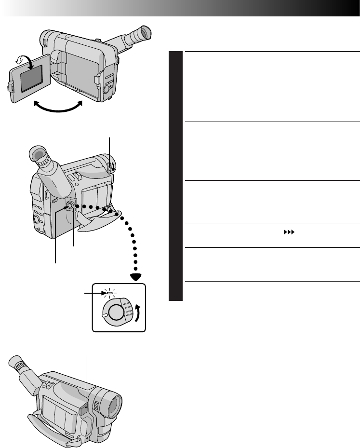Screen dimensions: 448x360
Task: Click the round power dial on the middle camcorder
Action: coord(71,205)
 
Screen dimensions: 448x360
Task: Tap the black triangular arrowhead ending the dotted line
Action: coord(137,277)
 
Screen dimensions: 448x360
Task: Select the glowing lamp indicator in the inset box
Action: coord(109,292)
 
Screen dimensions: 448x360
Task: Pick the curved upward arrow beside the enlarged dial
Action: coord(139,313)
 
